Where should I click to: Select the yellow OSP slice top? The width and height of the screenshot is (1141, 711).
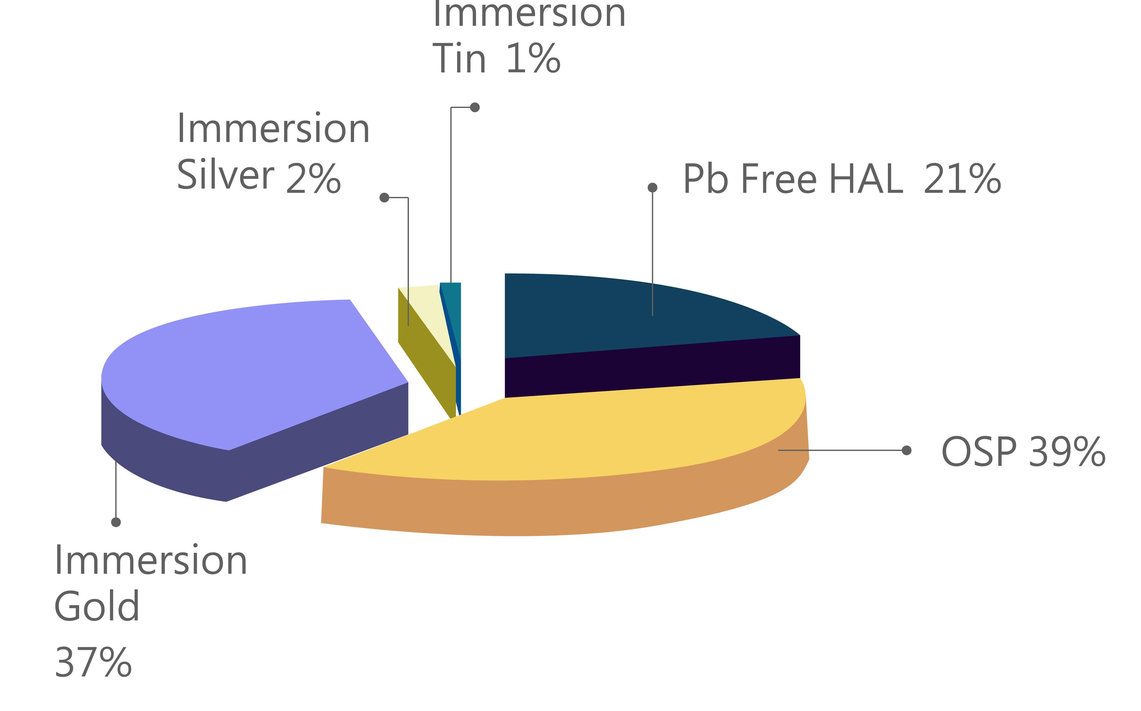pos(588,432)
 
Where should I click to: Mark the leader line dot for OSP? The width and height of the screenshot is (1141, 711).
pos(906,450)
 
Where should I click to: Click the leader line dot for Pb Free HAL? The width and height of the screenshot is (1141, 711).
pos(652,188)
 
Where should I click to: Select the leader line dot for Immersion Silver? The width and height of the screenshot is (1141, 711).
pos(384,198)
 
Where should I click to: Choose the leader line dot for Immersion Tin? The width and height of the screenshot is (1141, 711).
pos(475,107)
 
